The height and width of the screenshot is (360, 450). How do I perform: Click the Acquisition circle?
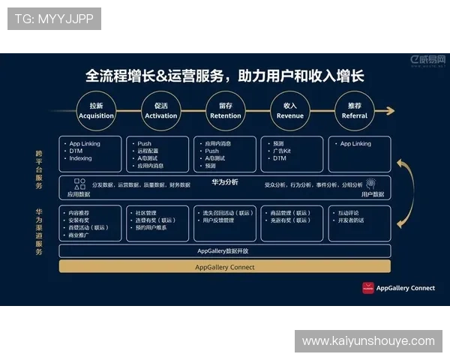point(96,111)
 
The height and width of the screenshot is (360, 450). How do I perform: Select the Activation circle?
point(160,111)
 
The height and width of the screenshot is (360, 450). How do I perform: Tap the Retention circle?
point(225,111)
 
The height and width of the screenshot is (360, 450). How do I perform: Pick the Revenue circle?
point(289,111)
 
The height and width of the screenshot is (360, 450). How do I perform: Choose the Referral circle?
point(354,111)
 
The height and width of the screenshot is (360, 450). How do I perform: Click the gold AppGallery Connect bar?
point(224,267)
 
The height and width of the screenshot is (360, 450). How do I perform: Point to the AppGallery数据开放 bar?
point(224,251)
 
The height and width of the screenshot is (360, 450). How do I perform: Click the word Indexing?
point(80,158)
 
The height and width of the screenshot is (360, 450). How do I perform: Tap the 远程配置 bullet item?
point(149,151)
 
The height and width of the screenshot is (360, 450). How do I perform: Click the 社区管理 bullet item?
point(145,212)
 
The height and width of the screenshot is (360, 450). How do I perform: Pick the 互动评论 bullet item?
point(349,212)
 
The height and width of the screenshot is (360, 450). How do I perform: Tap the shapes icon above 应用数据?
point(79,183)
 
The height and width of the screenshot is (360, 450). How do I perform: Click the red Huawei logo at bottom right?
point(367,287)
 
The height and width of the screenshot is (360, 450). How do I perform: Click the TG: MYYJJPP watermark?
point(54,19)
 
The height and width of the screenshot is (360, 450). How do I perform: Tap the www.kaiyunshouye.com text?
point(368,341)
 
